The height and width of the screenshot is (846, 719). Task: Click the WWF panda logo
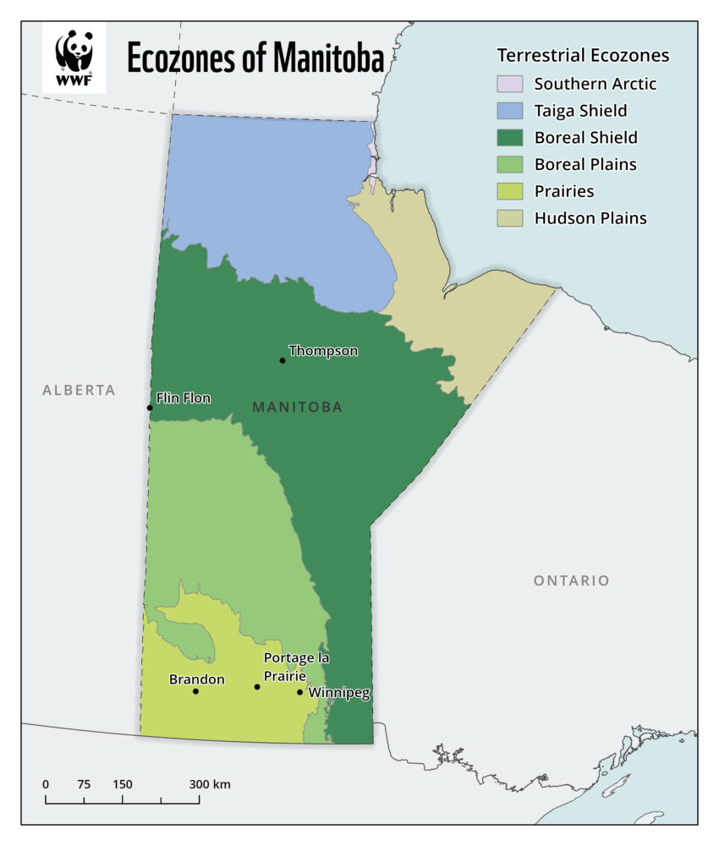point(74,58)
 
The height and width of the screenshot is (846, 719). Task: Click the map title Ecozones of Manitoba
point(255,58)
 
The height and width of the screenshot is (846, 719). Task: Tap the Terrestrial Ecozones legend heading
point(583,56)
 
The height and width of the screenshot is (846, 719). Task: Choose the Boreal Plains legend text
point(585,164)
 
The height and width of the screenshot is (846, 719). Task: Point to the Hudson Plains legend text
point(590,218)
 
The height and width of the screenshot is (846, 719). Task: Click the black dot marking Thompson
point(283,360)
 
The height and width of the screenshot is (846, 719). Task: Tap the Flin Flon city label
point(184,398)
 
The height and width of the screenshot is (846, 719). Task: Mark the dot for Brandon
point(195,691)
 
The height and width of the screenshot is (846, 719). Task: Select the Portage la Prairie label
point(296,666)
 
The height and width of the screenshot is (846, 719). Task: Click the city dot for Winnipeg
point(299,692)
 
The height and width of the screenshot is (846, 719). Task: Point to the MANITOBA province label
point(297,407)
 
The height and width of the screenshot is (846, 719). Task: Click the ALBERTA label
point(79,390)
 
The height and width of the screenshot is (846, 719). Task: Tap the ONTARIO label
point(571,580)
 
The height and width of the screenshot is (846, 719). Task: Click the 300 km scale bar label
point(210,784)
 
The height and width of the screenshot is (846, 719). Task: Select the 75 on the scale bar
point(84,784)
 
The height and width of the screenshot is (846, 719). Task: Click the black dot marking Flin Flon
point(150,408)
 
